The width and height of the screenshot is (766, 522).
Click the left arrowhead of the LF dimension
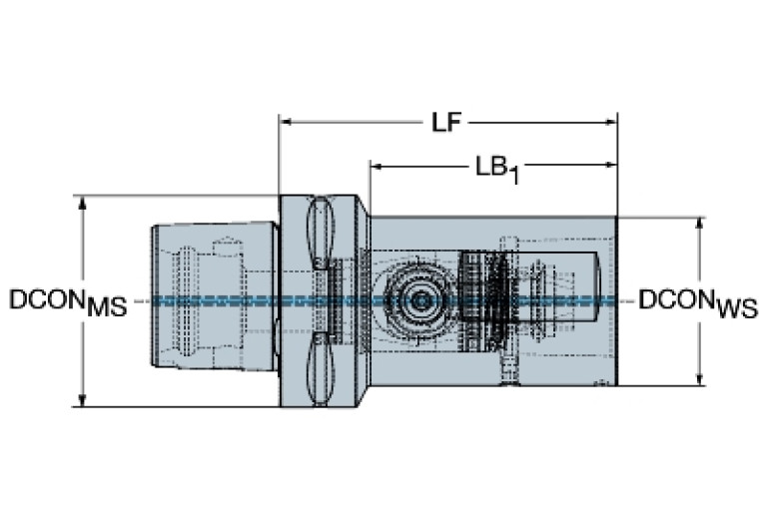pos(286,123)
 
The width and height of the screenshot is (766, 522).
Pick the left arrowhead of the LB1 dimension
pos(378,165)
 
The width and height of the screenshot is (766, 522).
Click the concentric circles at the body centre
pos(420,298)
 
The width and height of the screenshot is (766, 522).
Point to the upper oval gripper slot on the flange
pos(320,235)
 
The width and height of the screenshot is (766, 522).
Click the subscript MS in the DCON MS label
pos(107,308)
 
